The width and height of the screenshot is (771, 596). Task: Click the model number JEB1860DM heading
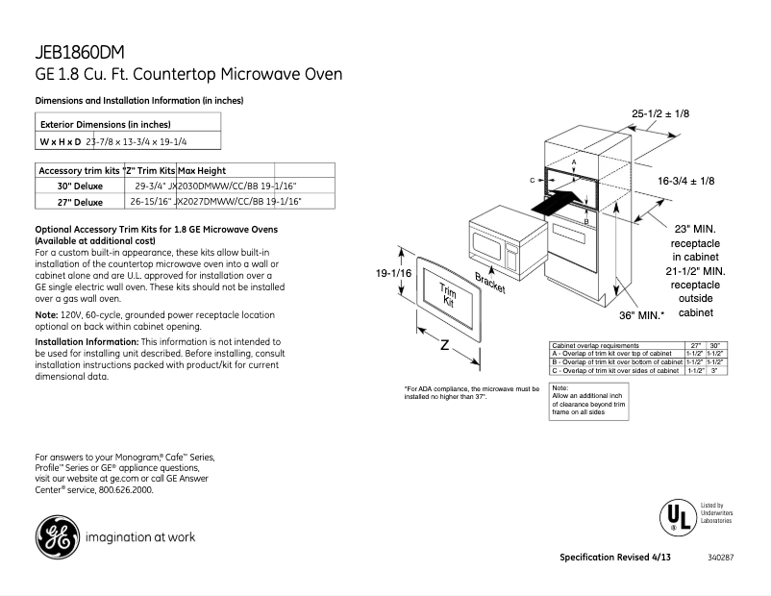[x=80, y=53]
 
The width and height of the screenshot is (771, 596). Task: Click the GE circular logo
[x=58, y=536]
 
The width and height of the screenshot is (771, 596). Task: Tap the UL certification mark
[x=676, y=516]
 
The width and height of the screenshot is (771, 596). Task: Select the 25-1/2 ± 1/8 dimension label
[x=660, y=114]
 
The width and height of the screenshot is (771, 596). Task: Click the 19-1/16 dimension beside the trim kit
[x=394, y=274]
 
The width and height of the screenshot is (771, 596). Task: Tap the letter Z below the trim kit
[x=444, y=345]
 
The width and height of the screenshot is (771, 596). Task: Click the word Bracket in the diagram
[x=490, y=285]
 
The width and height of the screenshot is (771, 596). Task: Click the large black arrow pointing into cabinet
[x=557, y=203]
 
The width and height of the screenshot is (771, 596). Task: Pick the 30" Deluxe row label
[x=79, y=186]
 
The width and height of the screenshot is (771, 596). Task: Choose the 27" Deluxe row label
[x=79, y=202]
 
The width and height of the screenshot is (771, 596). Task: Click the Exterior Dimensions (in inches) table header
[x=105, y=124]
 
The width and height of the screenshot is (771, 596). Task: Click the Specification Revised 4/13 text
[x=615, y=558]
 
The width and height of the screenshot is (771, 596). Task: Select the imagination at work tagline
[x=140, y=537]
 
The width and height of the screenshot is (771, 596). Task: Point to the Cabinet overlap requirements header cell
[x=595, y=344]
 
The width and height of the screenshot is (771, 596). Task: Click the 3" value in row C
[x=714, y=370]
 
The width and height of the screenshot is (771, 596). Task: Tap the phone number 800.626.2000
[x=125, y=489]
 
